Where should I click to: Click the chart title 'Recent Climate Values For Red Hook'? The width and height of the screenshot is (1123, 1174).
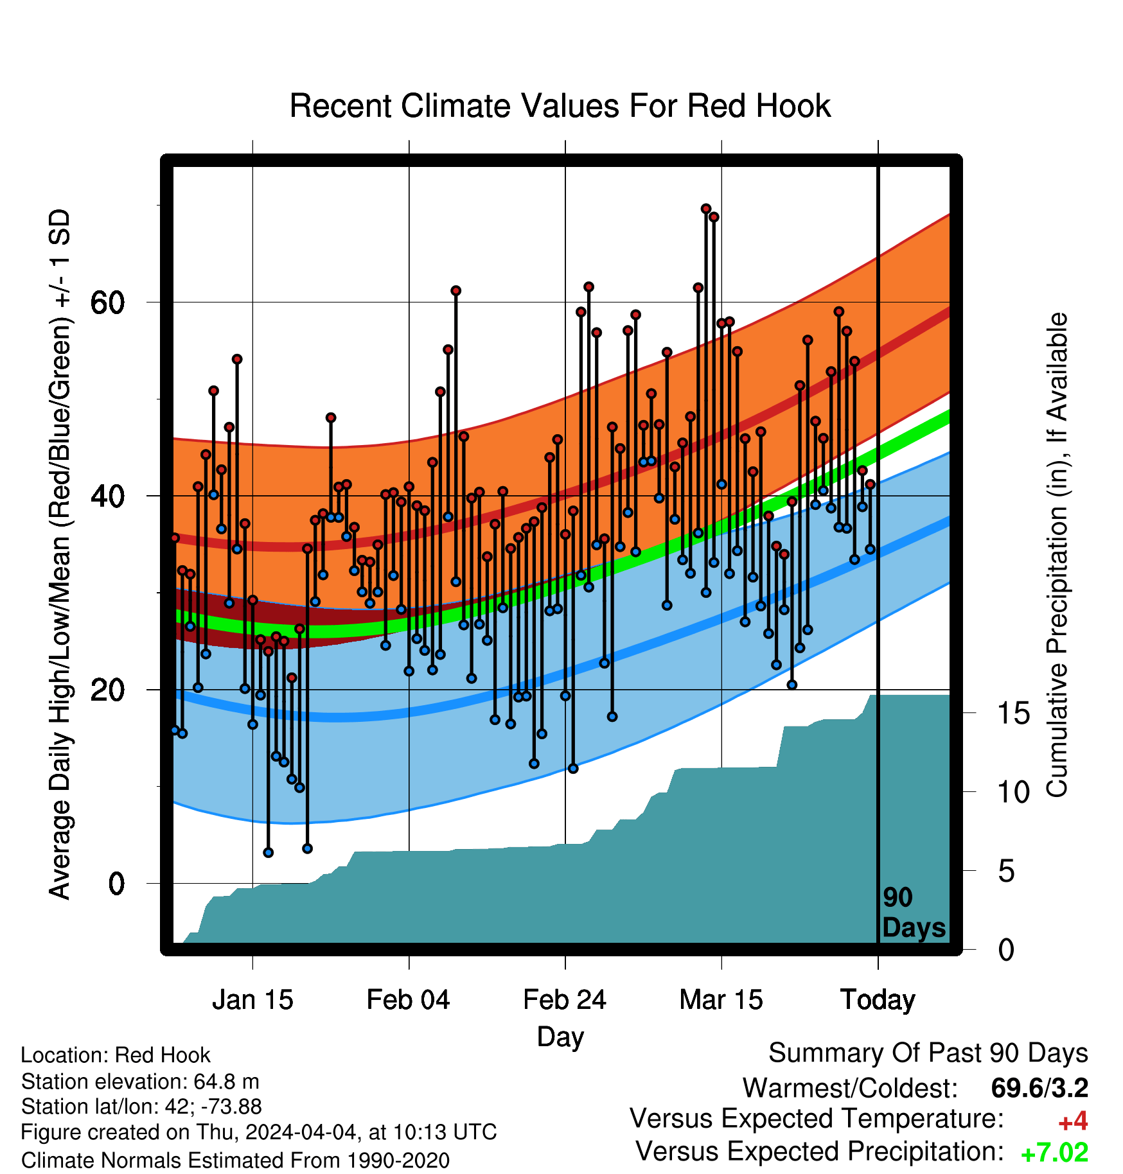pos(560,106)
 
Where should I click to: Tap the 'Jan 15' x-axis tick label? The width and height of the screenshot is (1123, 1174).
pos(252,1000)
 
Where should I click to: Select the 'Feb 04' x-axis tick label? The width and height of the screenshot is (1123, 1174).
pos(409,1000)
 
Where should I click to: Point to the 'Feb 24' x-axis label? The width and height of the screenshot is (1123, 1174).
pos(565,1000)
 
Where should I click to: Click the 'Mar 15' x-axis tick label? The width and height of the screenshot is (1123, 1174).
pos(721,1000)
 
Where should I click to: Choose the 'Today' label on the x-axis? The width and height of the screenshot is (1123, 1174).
pos(878,1001)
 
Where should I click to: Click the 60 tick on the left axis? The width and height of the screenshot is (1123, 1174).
pos(107,302)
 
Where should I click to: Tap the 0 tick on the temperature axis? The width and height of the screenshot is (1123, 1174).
pos(116,884)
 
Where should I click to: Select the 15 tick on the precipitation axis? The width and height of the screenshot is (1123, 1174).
pos(1014,713)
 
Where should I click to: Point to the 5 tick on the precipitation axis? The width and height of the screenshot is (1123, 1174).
pos(1007,871)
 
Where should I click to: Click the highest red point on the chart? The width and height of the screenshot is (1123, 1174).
pos(706,209)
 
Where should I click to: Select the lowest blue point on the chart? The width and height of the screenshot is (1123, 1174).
pos(269,852)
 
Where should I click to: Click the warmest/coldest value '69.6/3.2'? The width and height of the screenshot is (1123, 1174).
pos(1039,1088)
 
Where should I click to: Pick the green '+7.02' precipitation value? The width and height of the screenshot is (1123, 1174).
pos(1054,1152)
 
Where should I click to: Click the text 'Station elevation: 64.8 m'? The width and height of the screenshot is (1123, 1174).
pos(140,1082)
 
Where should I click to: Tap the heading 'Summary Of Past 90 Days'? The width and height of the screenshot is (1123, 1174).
pos(928,1053)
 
